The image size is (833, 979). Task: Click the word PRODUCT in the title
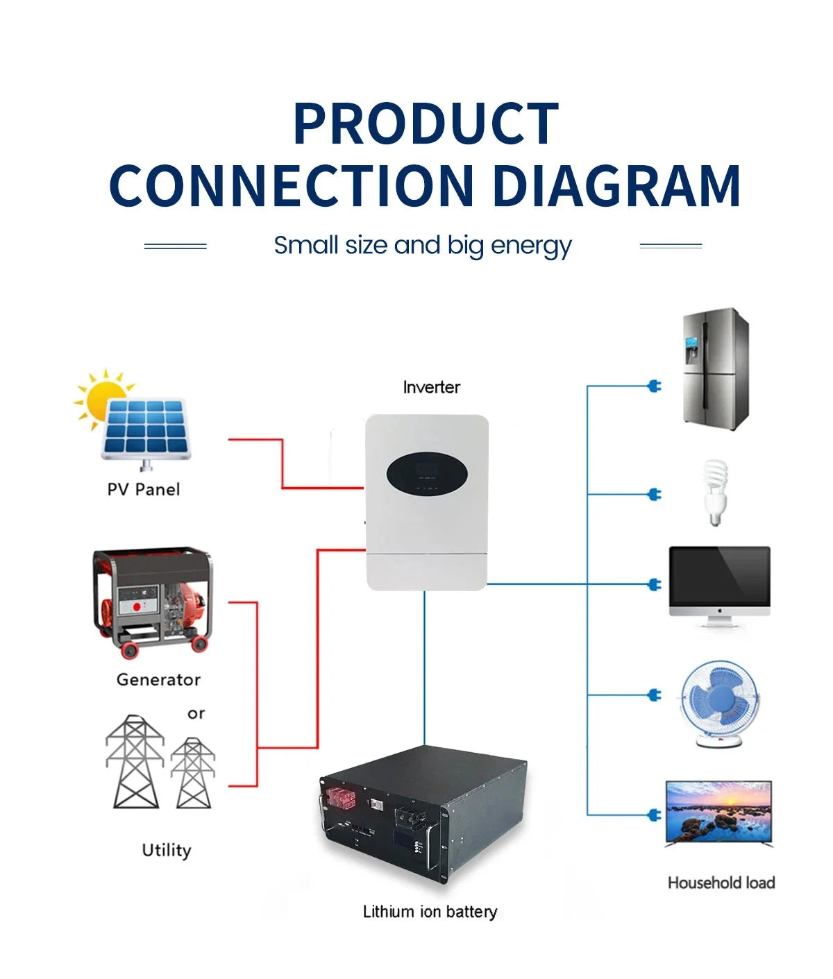click(426, 124)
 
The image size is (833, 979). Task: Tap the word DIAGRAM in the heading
click(616, 185)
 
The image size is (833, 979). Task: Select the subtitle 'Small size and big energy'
click(422, 246)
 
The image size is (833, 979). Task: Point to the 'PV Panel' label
click(143, 489)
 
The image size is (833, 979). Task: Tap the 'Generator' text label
click(158, 679)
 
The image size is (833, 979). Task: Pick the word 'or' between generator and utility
click(196, 713)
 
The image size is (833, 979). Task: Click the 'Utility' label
click(166, 850)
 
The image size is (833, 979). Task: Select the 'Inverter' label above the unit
click(431, 387)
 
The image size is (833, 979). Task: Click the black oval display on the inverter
click(426, 475)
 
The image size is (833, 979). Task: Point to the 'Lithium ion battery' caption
click(430, 912)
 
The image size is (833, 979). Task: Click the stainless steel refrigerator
click(715, 368)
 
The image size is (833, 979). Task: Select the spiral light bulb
click(714, 491)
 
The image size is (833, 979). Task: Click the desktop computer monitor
click(719, 584)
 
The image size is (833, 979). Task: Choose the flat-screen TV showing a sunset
click(718, 813)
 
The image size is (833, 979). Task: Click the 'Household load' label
click(721, 883)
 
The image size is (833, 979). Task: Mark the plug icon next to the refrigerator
click(654, 386)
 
